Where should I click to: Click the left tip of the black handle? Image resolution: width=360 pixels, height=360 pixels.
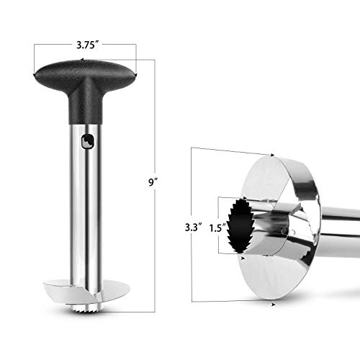[x=37, y=74]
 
